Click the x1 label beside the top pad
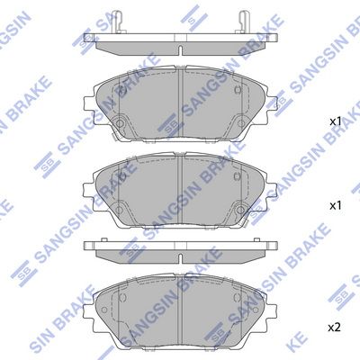pyautogui.click(x=336, y=121)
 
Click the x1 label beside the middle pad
pyautogui.click(x=336, y=205)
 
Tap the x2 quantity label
pyautogui.click(x=335, y=328)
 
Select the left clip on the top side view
pyautogui.click(x=118, y=22)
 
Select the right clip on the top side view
pyautogui.click(x=243, y=22)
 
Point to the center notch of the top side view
pyautogui.click(x=180, y=50)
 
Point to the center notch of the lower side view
pyautogui.click(x=180, y=258)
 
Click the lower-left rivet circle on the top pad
pyautogui.click(x=120, y=123)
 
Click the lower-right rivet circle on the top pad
pyautogui.click(x=240, y=123)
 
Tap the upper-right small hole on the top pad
pyautogui.click(x=238, y=89)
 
